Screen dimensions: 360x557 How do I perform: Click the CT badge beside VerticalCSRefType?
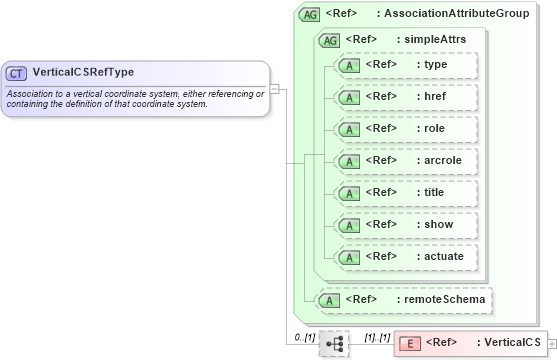[x=17, y=73]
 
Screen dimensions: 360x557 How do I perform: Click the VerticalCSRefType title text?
[x=83, y=72]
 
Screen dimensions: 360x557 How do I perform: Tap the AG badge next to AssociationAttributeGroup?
[x=310, y=15]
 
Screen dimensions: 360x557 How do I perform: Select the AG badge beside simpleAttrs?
[x=329, y=40]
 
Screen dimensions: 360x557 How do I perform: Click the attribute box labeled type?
[x=406, y=65]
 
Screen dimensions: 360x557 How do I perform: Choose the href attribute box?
[x=406, y=97]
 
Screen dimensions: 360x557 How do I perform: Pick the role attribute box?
[x=406, y=129]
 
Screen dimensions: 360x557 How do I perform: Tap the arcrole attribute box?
[x=406, y=161]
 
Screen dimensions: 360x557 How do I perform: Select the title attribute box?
[x=406, y=193]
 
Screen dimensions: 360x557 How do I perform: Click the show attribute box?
[x=406, y=225]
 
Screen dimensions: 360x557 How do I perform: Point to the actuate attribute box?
[x=406, y=257]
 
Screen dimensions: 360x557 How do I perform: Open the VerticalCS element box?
[x=470, y=343]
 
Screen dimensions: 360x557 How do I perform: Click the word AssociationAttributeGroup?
[x=467, y=15]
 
